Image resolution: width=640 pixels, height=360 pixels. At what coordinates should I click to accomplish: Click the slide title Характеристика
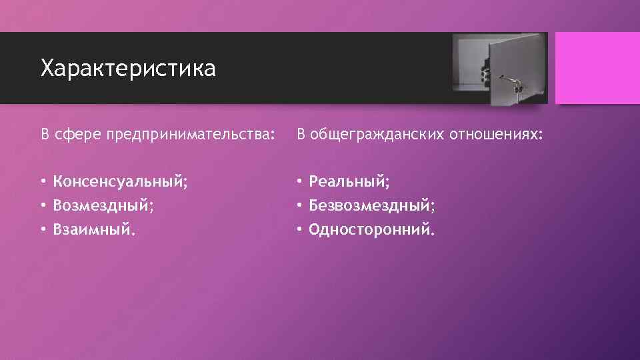click(x=128, y=69)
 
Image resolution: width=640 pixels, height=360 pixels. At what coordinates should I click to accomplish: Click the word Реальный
click(x=347, y=182)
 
